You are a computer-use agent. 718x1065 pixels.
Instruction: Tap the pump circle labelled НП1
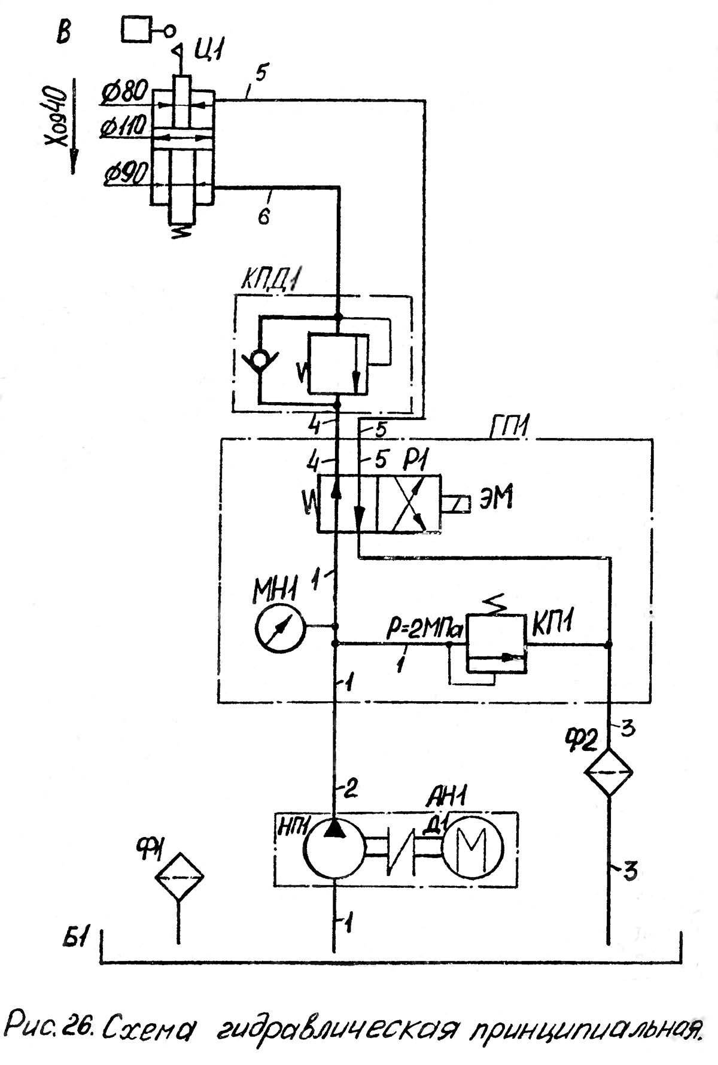coord(334,848)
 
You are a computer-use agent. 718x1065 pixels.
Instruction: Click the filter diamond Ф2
coord(608,772)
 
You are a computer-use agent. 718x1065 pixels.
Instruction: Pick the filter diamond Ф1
coord(178,877)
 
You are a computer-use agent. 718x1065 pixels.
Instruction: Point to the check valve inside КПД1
coord(260,361)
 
